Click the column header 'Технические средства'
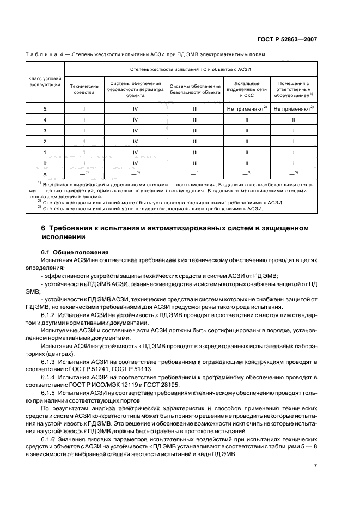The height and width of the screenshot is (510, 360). click(x=86, y=89)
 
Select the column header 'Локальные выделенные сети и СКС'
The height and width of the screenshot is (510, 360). click(x=247, y=89)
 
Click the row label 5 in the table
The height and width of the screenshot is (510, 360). click(x=45, y=109)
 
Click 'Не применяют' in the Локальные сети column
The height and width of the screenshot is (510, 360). click(x=246, y=109)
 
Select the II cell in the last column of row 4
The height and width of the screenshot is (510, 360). click(x=293, y=120)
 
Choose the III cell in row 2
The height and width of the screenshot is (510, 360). click(x=194, y=141)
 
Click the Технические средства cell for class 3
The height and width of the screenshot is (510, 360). click(x=86, y=130)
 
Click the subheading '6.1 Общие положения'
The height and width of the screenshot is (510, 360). click(x=75, y=253)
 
